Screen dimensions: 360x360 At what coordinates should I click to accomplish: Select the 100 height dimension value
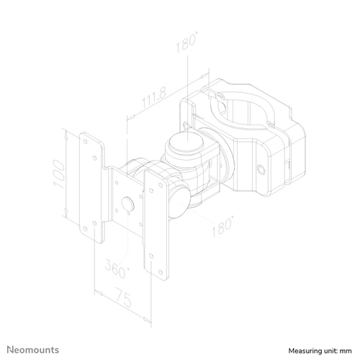click(x=59, y=174)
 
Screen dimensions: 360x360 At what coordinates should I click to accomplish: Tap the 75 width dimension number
click(x=124, y=297)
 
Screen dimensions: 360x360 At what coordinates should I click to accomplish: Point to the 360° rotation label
click(x=117, y=268)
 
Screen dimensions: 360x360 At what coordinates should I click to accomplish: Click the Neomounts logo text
click(x=33, y=350)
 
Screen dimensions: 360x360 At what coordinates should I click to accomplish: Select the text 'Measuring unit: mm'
click(x=320, y=351)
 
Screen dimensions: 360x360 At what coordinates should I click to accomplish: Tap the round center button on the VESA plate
click(x=128, y=204)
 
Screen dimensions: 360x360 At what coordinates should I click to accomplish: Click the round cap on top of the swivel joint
click(x=186, y=142)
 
